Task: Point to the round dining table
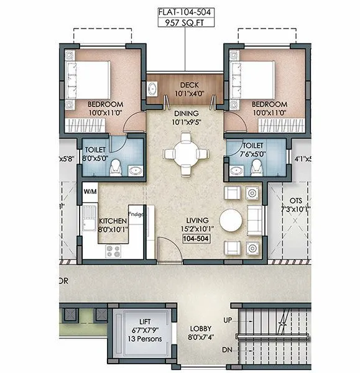185,153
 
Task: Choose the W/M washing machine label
91,191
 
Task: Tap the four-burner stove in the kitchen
114,251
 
